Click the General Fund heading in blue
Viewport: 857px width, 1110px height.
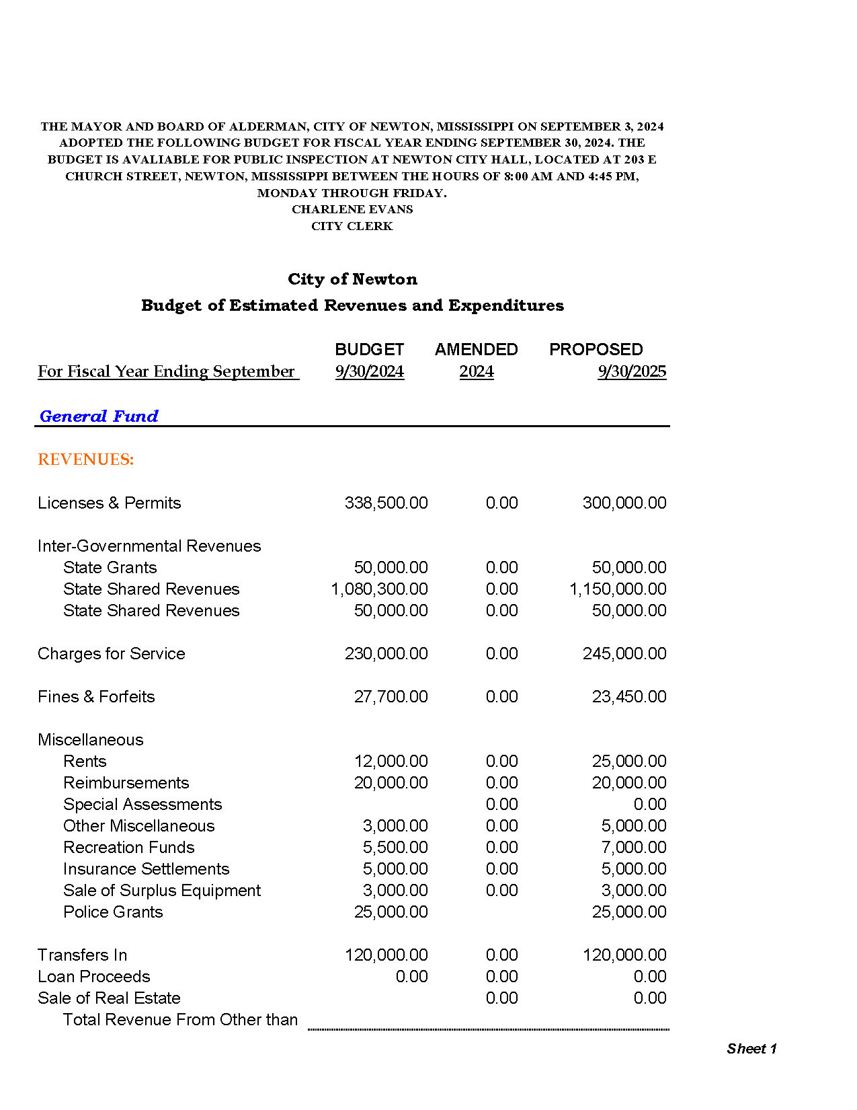pos(99,416)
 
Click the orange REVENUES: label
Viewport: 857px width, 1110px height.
pos(86,459)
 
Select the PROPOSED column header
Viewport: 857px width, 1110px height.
pos(596,349)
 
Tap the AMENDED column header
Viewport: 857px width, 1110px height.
pos(476,349)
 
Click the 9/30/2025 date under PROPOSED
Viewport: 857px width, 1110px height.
pos(632,371)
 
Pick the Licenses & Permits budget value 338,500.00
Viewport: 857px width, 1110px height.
pos(386,503)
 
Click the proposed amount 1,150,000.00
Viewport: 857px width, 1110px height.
pos(618,589)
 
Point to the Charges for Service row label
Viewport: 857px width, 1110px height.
pos(112,654)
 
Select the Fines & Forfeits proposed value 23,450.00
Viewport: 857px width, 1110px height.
pos(629,697)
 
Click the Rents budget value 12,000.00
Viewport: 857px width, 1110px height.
pos(391,762)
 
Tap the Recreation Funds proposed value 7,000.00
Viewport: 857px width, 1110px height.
pos(634,848)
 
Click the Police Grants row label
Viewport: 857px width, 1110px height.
pos(113,912)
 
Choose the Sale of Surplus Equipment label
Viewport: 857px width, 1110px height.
pos(162,891)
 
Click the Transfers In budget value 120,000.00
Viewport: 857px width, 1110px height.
pos(386,955)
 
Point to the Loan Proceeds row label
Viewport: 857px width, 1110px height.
pos(94,977)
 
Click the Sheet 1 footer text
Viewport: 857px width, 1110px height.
pos(751,1049)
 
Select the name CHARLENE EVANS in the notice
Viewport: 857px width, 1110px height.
pos(352,209)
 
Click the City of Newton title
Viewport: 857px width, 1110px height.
pos(352,279)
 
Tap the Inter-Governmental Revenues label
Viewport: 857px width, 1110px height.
pos(149,546)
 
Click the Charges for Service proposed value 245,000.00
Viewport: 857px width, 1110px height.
pos(624,654)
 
